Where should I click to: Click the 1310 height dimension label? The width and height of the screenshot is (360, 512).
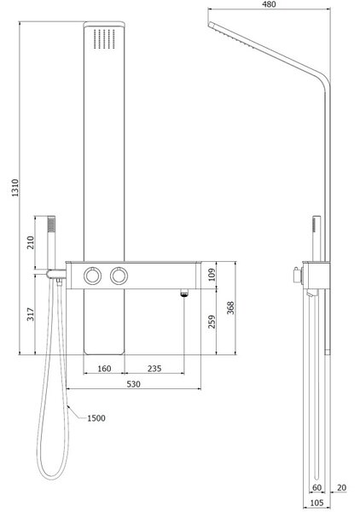(x=15, y=188)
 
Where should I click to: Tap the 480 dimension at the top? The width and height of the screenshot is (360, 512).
(x=269, y=4)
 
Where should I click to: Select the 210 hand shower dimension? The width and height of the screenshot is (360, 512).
(x=31, y=242)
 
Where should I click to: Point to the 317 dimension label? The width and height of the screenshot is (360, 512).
(x=31, y=314)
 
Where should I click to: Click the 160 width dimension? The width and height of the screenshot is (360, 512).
(x=104, y=369)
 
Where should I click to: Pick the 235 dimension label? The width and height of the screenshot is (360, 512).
(x=154, y=369)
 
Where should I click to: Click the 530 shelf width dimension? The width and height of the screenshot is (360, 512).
(x=133, y=384)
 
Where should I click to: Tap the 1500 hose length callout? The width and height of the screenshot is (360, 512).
(x=96, y=418)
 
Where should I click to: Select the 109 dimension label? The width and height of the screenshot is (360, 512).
(x=212, y=275)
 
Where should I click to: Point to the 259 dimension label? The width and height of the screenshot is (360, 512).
(x=212, y=322)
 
